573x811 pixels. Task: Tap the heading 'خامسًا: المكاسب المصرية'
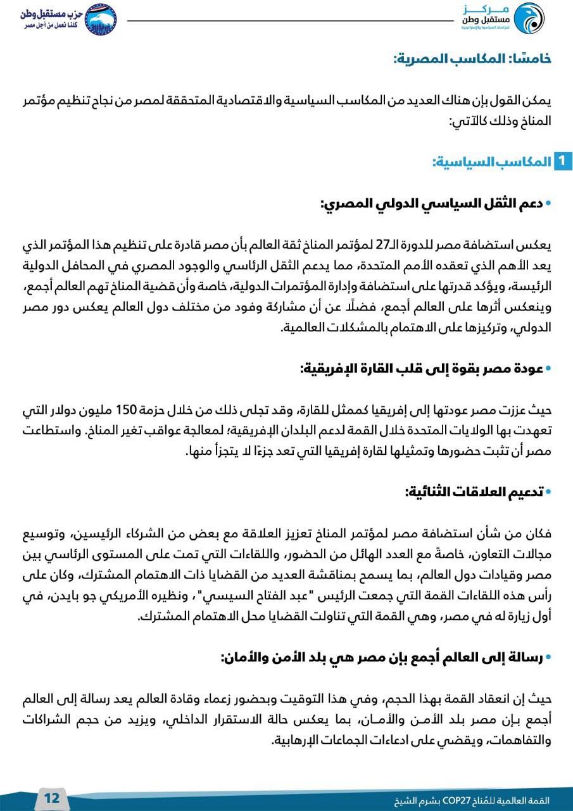click(472, 59)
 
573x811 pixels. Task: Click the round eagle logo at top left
click(101, 20)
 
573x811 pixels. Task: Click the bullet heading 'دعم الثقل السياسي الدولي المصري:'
click(432, 204)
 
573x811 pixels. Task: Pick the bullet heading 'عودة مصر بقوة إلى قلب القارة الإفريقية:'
click(422, 369)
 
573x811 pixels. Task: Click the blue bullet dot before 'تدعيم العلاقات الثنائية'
click(549, 492)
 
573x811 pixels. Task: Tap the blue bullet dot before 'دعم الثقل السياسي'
click(549, 204)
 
